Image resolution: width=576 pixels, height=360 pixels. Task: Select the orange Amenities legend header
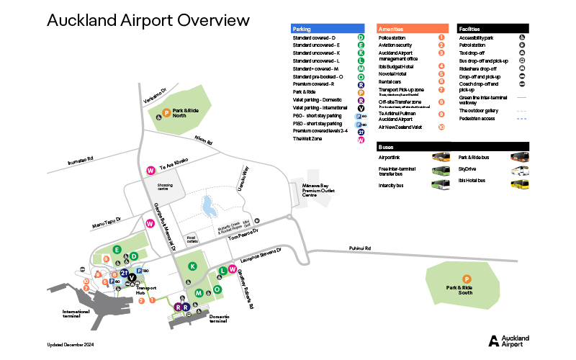[413, 29]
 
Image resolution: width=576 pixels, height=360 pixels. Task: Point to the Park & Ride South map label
[459, 290]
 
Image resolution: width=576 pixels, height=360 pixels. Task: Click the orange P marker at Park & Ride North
[166, 112]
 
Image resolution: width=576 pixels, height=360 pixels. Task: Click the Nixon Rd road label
[204, 140]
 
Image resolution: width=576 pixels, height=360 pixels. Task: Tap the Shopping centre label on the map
[162, 186]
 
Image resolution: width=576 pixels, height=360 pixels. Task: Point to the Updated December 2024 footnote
[71, 345]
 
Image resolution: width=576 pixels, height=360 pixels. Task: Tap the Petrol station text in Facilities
[472, 45]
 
